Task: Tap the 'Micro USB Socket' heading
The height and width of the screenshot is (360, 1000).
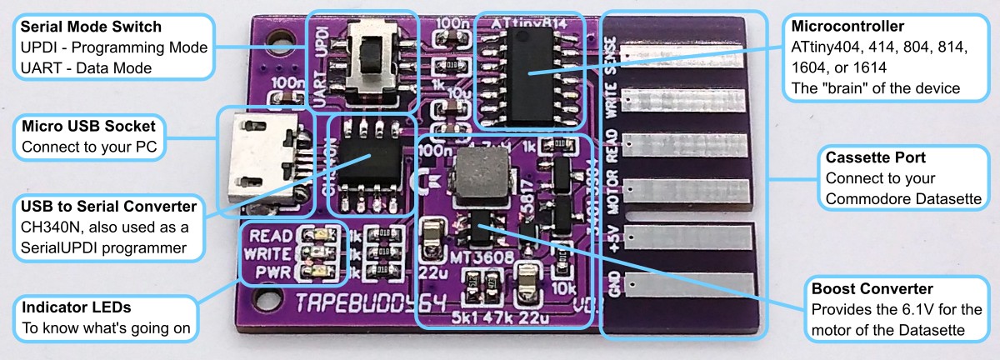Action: coord(88,127)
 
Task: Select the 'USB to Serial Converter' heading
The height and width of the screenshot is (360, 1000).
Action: coord(109,205)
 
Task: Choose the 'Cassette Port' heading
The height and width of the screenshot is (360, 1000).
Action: coord(876,157)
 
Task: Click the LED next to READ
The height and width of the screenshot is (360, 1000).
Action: coord(317,236)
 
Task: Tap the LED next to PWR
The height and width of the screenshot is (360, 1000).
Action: coord(317,271)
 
